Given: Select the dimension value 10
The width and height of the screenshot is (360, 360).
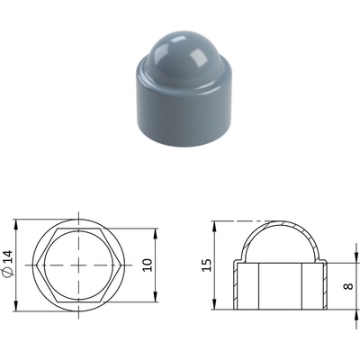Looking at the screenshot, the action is click(148, 265).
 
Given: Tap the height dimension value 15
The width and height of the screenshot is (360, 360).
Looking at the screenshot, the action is click(207, 265).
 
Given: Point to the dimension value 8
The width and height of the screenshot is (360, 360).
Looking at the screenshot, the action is click(347, 286).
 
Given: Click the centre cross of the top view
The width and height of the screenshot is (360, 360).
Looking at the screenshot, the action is click(79, 265).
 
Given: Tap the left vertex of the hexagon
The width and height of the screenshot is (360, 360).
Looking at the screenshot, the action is click(36, 265).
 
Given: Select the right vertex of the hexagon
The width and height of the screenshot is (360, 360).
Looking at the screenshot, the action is click(121, 265).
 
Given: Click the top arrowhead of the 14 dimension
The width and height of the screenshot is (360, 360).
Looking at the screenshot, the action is click(16, 225).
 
